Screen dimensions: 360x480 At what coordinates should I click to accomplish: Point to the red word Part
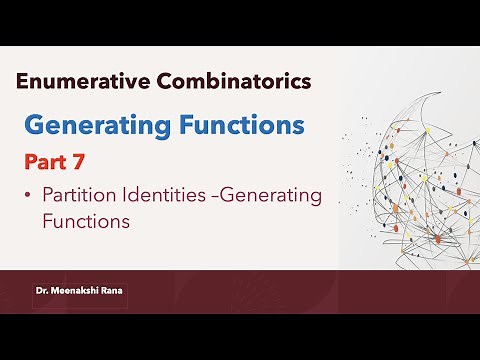pos(48,161)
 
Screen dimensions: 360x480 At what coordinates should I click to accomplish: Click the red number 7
pos(83,161)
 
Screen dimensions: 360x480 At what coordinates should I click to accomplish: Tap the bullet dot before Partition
pos(29,197)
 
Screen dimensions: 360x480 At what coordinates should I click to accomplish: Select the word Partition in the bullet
pos(76,196)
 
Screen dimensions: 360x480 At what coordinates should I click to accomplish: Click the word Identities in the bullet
pos(154,196)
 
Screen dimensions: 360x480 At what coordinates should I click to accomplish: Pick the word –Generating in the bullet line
pos(263,197)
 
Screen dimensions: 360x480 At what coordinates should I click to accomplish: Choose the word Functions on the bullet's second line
pos(86,222)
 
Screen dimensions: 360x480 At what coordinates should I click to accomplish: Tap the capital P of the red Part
pos(31,161)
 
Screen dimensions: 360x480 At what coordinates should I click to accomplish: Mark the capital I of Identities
pos(122,196)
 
